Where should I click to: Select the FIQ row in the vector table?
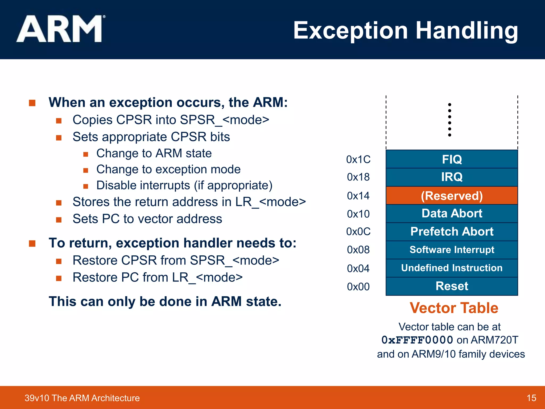click(x=452, y=159)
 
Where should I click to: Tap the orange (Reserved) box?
click(x=452, y=196)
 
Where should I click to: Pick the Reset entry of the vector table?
click(x=452, y=286)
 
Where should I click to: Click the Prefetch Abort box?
click(x=452, y=231)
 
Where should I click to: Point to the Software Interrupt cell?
click(x=452, y=250)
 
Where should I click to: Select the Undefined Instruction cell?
click(x=452, y=268)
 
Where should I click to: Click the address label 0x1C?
click(x=358, y=159)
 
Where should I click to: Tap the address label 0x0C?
click(x=358, y=232)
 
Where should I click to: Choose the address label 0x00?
click(x=358, y=287)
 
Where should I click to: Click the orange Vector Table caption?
click(x=454, y=308)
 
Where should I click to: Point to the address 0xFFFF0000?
click(x=417, y=340)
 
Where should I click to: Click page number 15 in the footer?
click(x=531, y=398)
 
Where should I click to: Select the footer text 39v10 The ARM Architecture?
click(x=82, y=398)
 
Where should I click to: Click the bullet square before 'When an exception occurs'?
click(x=32, y=103)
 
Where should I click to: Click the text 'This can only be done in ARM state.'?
click(x=165, y=302)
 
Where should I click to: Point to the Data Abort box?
click(x=452, y=214)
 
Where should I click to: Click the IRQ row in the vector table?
click(x=452, y=177)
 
